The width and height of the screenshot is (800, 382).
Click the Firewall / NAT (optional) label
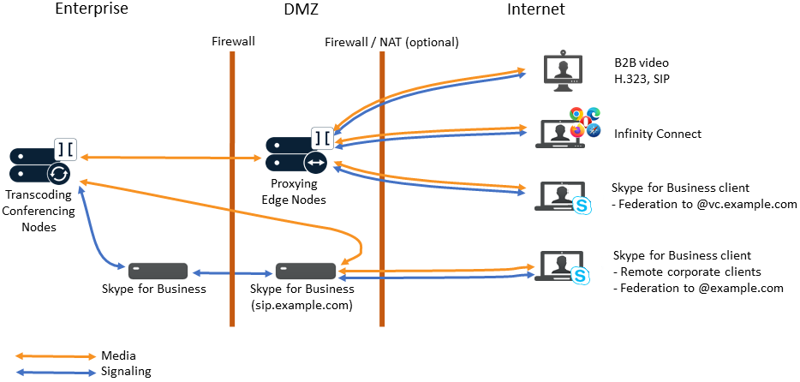coord(391,42)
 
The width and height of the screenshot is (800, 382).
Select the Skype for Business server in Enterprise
coord(158,272)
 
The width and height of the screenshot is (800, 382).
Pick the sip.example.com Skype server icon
coord(304,272)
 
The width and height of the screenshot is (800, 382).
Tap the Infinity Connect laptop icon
coord(562,134)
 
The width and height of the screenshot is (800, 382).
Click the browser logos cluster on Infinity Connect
coord(586,121)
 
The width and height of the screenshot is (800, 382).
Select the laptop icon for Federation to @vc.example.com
coord(560,196)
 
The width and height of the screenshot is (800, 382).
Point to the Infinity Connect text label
coord(658,134)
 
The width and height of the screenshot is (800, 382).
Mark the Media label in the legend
coord(119,355)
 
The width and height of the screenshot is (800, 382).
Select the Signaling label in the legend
coord(126,371)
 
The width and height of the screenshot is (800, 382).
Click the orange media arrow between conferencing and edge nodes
coord(171,158)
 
